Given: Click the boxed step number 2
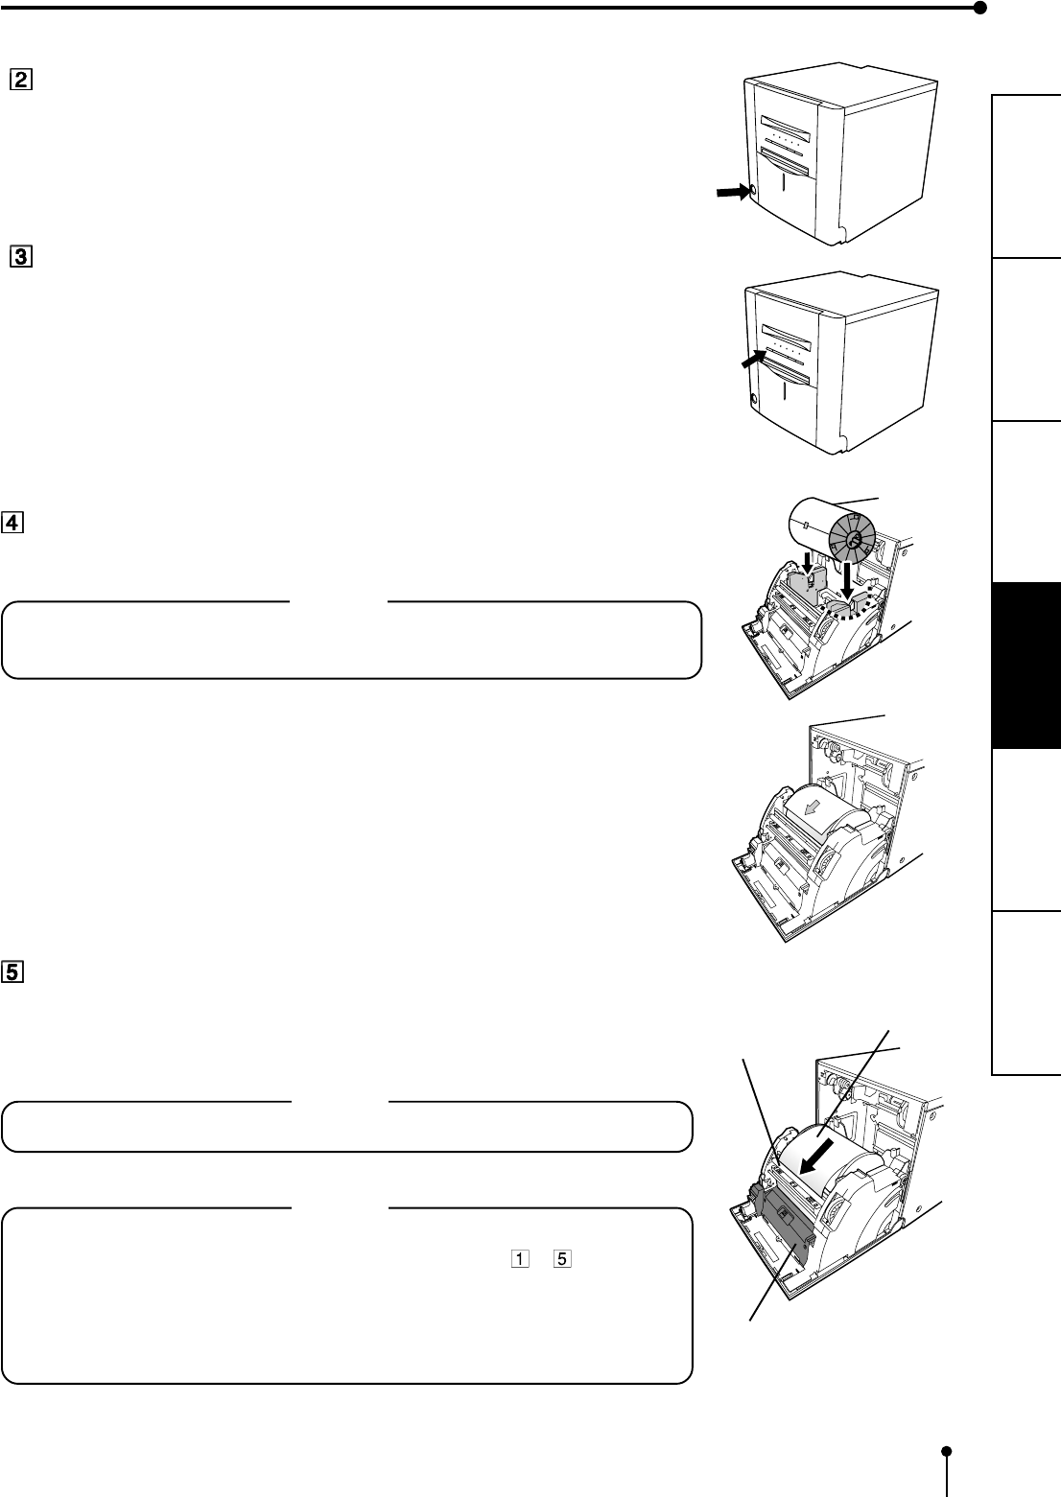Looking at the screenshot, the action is (21, 80).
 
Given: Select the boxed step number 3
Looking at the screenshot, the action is (21, 257).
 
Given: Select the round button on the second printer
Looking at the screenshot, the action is (752, 399).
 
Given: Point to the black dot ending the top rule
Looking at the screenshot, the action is (979, 9).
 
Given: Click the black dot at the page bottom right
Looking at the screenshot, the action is (948, 1451).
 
